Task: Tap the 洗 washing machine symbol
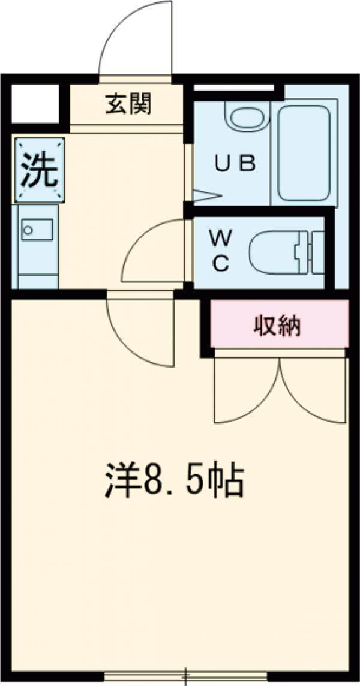click(40, 170)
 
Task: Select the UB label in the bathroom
click(236, 163)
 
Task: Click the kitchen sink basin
click(37, 229)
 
